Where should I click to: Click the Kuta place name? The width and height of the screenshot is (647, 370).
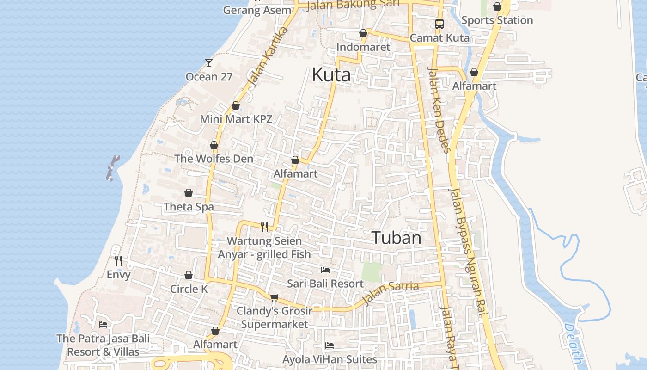point(331,74)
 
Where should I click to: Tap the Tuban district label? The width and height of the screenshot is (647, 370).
point(397,238)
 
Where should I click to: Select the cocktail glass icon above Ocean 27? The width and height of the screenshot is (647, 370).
point(209,62)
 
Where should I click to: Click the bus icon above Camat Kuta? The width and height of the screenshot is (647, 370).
point(439,24)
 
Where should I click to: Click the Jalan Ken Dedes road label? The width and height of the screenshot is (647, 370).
point(439,110)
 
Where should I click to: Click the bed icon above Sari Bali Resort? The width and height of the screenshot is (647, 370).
point(325,270)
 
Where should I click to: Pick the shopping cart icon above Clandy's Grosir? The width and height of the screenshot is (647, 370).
point(274,297)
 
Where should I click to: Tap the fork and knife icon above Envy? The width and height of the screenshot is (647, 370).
point(118,261)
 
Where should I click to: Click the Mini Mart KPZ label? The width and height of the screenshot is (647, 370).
point(236,119)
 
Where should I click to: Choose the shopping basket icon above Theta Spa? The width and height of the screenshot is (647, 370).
point(189,193)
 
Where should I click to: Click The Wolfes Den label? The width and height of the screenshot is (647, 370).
point(214,159)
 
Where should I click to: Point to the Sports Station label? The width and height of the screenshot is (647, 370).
point(497,20)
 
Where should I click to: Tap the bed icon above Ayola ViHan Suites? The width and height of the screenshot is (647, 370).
point(330,345)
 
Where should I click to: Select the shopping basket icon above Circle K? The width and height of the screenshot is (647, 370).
point(189,275)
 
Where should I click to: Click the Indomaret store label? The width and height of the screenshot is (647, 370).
point(363,47)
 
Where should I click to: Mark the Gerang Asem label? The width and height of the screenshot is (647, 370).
point(257,10)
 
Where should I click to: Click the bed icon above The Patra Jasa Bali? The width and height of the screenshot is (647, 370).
point(103,325)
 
